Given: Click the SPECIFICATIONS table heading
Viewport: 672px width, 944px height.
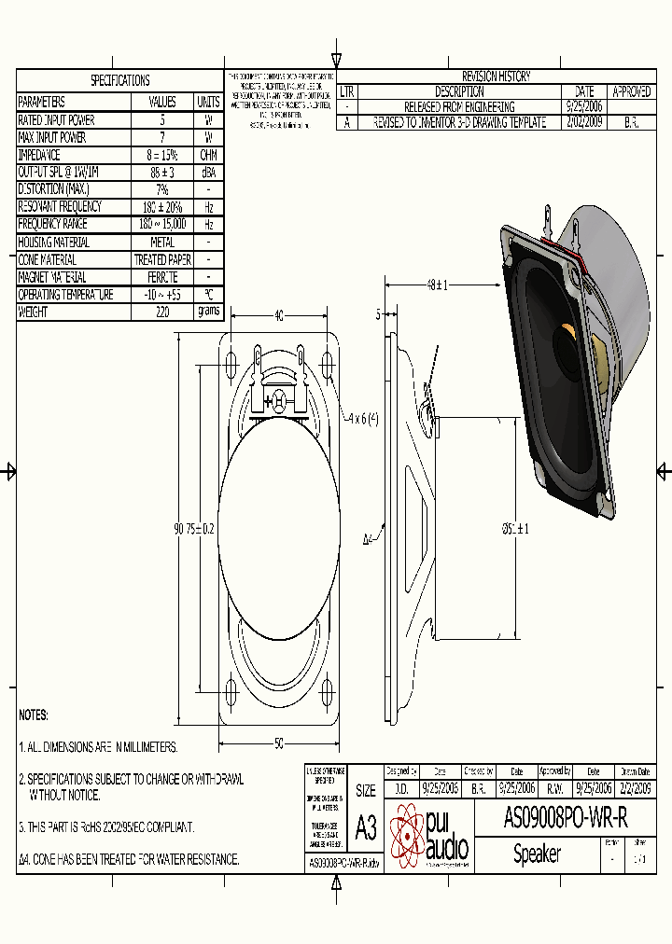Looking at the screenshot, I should (x=119, y=80).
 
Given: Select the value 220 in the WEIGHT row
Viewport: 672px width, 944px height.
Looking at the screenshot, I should (x=162, y=312).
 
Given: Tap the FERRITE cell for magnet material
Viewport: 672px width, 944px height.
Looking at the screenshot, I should (x=162, y=277).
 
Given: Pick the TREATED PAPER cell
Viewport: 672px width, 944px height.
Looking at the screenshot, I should (x=162, y=260).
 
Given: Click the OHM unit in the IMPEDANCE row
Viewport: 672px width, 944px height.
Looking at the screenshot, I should (x=208, y=155).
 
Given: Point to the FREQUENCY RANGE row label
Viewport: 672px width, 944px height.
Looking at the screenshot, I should (x=53, y=225).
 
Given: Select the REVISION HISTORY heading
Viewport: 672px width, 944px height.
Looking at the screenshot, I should (x=496, y=76).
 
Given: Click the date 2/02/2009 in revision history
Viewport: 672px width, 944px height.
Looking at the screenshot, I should (x=584, y=122).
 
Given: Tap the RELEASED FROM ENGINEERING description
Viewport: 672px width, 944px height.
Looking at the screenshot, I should (x=459, y=107).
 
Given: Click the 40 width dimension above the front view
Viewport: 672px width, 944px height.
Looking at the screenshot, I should (x=278, y=316).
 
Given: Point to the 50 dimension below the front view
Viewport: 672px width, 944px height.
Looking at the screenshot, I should (x=278, y=743).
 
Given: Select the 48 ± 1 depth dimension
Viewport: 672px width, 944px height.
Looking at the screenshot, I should (x=438, y=285).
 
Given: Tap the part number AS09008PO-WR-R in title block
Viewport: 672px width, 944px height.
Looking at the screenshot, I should (x=566, y=818).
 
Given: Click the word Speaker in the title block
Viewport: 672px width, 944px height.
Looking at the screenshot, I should (x=537, y=854).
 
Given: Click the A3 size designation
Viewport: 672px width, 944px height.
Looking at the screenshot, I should (x=365, y=827).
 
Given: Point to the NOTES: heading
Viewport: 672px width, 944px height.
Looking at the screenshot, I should (x=34, y=715).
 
